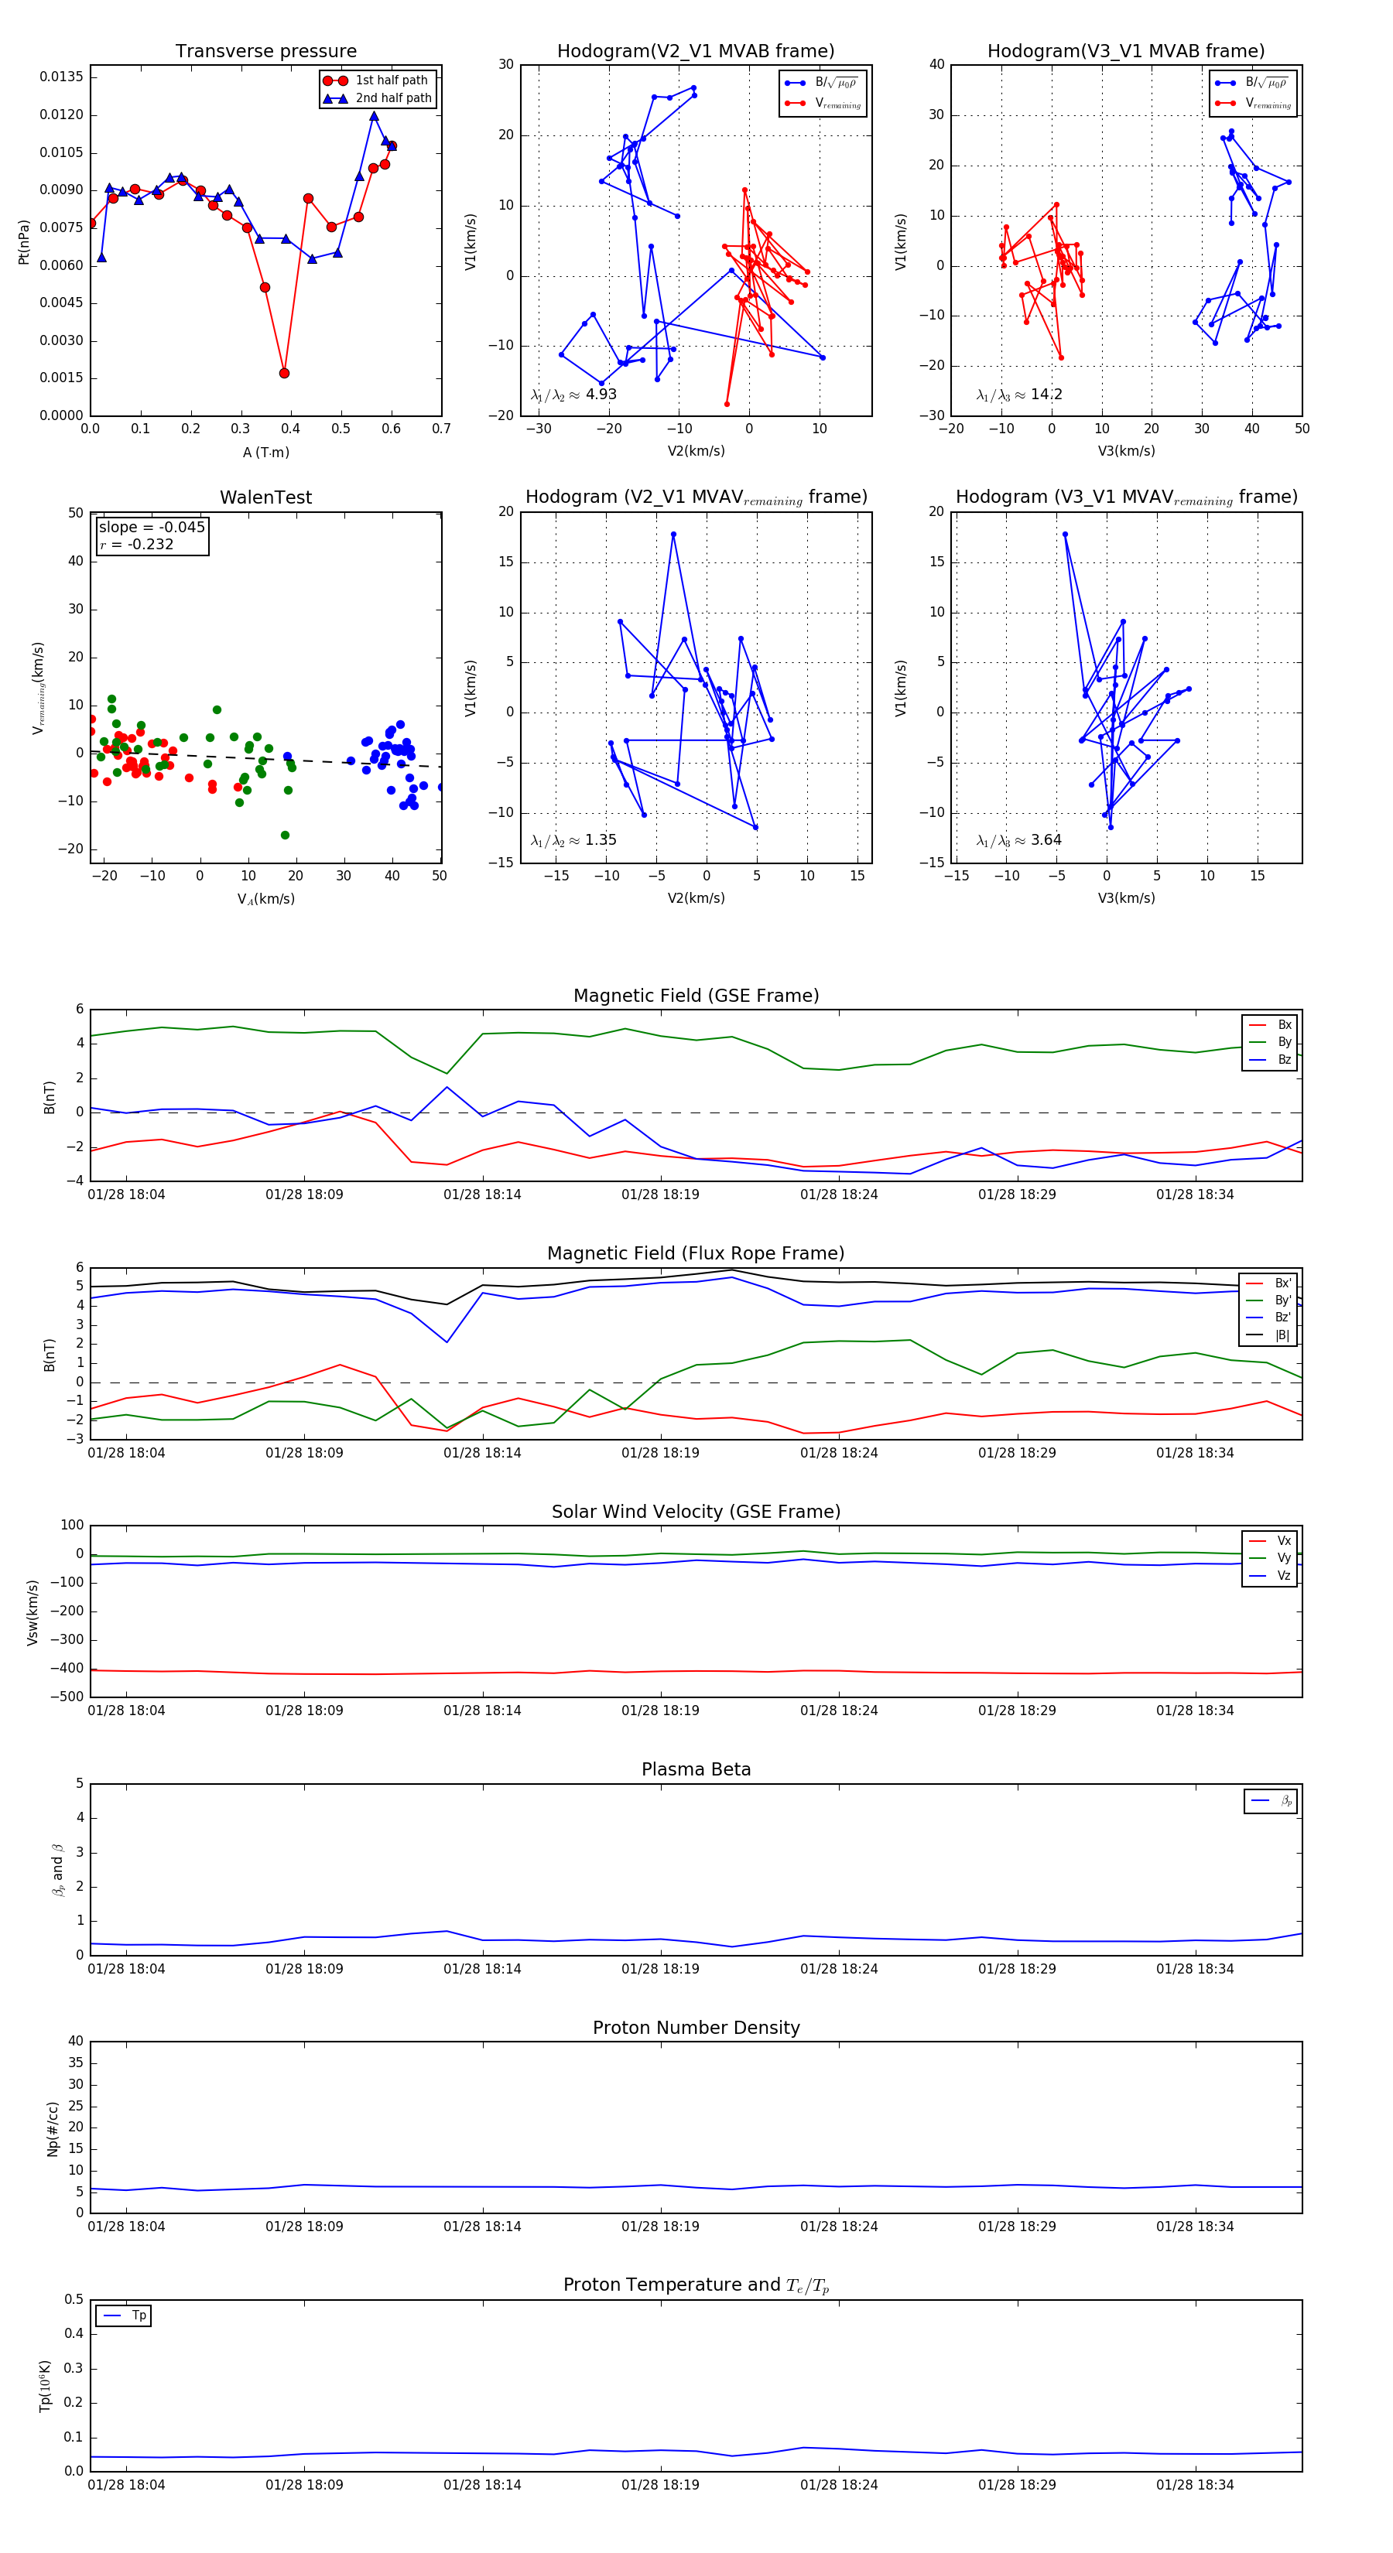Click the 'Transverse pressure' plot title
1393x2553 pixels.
pos(265,52)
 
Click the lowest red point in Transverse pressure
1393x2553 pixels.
pos(285,374)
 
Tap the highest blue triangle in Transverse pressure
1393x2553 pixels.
pos(374,116)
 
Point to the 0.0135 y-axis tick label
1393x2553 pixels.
pos(61,77)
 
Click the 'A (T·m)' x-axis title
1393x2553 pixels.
pos(265,452)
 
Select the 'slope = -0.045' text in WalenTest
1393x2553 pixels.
pos(152,528)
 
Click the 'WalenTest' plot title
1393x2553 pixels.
pos(265,497)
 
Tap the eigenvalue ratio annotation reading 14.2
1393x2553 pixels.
pos(1019,395)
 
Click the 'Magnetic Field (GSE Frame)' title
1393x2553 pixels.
pos(696,996)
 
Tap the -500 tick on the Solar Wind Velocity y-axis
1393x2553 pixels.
pos(67,1697)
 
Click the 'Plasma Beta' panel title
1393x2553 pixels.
pos(696,1770)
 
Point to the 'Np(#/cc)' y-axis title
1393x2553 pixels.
pos(53,2129)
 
